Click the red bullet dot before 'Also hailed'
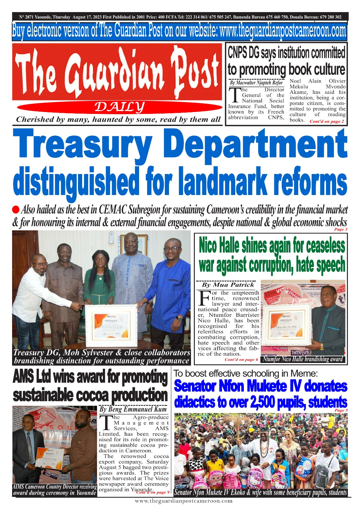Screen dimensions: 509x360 tap(16, 210)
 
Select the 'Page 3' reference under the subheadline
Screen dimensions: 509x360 tap(341, 229)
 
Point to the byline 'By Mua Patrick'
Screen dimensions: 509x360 tap(228, 285)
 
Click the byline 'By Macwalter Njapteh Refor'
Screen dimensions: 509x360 tap(256, 83)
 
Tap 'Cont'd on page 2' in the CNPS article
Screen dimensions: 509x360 tap(327, 121)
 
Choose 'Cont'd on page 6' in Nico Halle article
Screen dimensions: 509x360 tap(241, 359)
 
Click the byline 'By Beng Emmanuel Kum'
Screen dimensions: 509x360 tap(133, 409)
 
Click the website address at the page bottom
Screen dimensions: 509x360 tap(184, 501)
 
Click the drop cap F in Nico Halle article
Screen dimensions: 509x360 tap(204, 297)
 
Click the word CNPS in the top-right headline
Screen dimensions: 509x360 tap(238, 53)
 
